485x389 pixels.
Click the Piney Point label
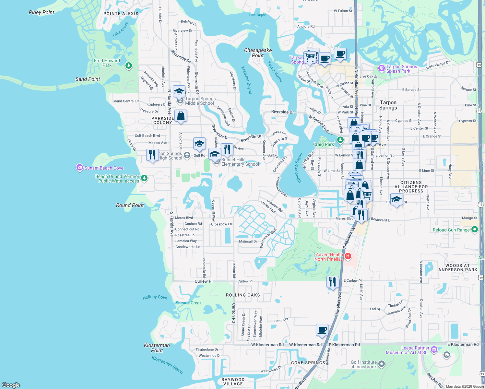pyautogui.click(x=41, y=12)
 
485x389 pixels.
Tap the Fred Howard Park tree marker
pyautogui.click(x=129, y=66)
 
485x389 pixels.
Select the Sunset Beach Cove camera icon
pyautogui.click(x=79, y=168)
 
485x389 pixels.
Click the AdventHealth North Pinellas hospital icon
pyautogui.click(x=348, y=256)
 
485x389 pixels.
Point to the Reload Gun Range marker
pyautogui.click(x=475, y=230)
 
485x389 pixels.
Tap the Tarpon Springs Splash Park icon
pyautogui.click(x=382, y=69)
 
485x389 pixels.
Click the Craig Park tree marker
pyautogui.click(x=340, y=140)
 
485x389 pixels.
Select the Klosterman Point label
pyautogui.click(x=157, y=348)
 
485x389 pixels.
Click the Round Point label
pyautogui.click(x=130, y=205)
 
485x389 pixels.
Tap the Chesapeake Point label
pyautogui.click(x=258, y=53)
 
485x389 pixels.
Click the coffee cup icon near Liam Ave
pyautogui.click(x=322, y=330)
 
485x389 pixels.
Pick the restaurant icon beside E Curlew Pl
pyautogui.click(x=333, y=282)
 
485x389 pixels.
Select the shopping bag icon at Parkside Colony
pyautogui.click(x=181, y=116)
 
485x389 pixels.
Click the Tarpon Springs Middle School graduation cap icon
pyautogui.click(x=179, y=92)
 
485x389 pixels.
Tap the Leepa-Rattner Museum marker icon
pyautogui.click(x=434, y=350)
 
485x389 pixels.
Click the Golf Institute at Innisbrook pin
pyautogui.click(x=382, y=364)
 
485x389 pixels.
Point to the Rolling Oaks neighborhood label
pyautogui.click(x=243, y=295)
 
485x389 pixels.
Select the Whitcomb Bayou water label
pyautogui.click(x=298, y=168)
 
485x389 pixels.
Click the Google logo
pyautogui.click(x=11, y=385)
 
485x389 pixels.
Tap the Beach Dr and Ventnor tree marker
pyautogui.click(x=144, y=178)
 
